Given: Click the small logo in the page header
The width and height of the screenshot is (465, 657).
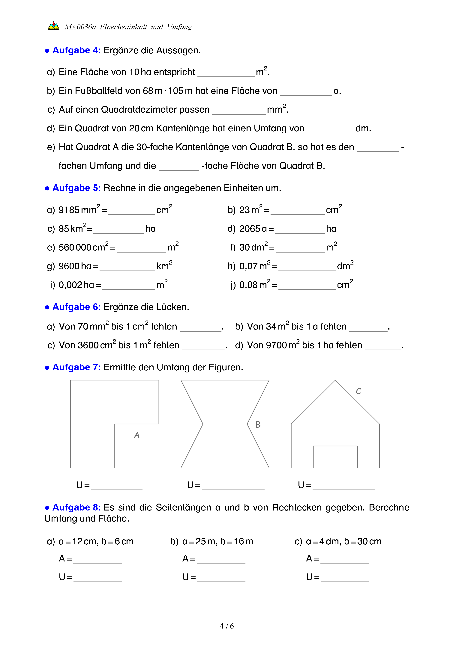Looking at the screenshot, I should [x=54, y=26].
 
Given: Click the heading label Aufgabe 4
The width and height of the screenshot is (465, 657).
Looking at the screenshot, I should [x=76, y=50].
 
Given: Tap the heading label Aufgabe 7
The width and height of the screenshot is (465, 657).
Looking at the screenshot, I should [x=76, y=367].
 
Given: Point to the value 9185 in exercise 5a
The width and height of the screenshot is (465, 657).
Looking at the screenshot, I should [x=69, y=210].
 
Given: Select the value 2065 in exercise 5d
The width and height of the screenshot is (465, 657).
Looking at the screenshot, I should [x=249, y=229].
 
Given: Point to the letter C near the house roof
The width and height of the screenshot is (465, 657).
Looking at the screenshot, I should [x=358, y=391].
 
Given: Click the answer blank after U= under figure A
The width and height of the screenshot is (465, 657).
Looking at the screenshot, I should [x=117, y=486].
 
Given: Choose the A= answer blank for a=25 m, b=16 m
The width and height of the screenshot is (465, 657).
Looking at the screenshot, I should [x=221, y=559].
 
